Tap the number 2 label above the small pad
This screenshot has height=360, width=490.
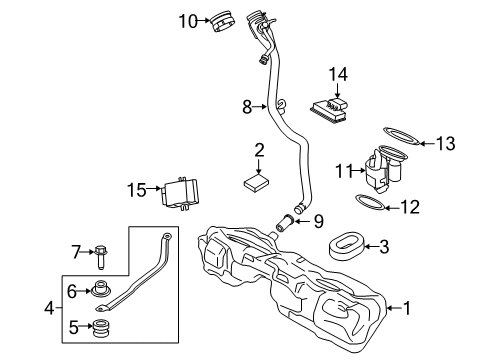click(x=259, y=151)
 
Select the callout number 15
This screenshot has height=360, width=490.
click(x=138, y=188)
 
